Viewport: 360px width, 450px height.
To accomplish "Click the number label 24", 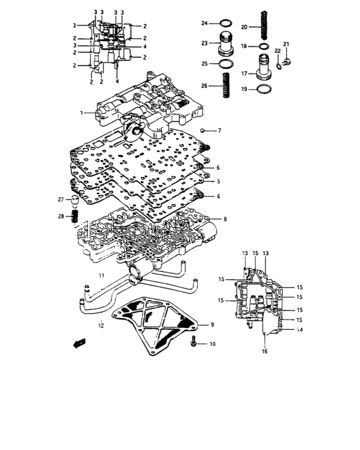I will [x=204, y=24].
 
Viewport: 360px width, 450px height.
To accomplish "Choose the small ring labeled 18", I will [x=264, y=46].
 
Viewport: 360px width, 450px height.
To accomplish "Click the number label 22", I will [x=277, y=50].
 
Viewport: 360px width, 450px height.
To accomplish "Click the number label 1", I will [x=82, y=113].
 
